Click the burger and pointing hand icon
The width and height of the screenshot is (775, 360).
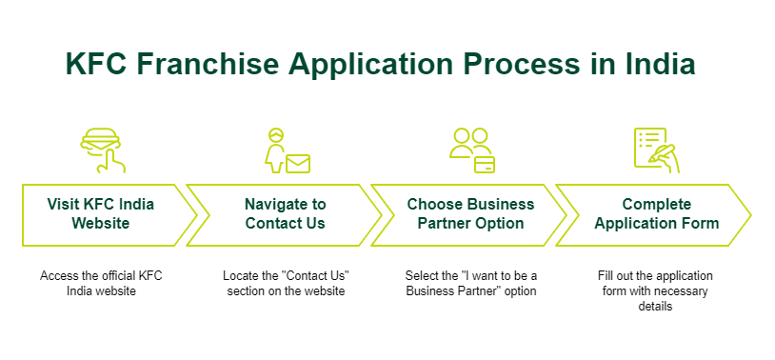[103, 150]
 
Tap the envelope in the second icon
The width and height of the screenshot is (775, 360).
[298, 164]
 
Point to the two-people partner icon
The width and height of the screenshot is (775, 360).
[472, 150]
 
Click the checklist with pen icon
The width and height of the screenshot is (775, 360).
[657, 150]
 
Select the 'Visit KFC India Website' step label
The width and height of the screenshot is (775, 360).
[100, 213]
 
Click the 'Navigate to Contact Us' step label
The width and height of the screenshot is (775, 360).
[286, 213]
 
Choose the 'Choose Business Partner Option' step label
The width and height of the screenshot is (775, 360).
[470, 213]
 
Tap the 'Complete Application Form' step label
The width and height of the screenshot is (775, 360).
[656, 213]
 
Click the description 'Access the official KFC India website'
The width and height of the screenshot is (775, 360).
[101, 284]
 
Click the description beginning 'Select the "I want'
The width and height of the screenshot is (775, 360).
[471, 284]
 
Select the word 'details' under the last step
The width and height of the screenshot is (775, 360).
[655, 307]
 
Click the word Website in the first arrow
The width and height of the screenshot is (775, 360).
[100, 223]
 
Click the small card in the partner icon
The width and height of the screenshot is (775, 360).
[485, 164]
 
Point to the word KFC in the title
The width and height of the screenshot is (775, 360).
[97, 64]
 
